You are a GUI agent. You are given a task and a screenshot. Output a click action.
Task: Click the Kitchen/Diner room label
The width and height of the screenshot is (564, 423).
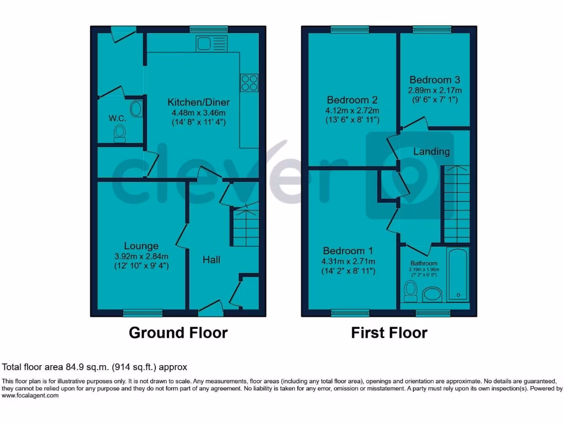[198, 102]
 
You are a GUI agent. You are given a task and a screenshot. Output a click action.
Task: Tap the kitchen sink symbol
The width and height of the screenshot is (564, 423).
[211, 44]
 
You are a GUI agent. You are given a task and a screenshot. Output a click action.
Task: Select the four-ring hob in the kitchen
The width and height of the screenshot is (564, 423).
[249, 83]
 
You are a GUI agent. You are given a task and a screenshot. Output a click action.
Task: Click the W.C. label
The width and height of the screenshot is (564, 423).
[117, 118]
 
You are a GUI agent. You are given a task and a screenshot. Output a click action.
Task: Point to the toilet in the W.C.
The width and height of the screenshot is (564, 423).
[119, 133]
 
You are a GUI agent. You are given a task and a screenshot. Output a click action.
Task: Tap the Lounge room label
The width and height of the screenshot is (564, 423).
[141, 246]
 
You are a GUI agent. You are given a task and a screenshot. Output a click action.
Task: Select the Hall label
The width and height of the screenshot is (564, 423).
[211, 259]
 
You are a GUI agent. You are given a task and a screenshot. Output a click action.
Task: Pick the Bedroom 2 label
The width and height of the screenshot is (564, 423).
[352, 100]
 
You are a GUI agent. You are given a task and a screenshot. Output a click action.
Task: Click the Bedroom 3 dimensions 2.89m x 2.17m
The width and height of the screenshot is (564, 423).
[435, 90]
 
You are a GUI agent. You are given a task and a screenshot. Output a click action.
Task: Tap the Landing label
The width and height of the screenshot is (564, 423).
[431, 151]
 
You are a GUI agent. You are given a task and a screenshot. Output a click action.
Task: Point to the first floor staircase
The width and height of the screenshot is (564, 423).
[457, 204]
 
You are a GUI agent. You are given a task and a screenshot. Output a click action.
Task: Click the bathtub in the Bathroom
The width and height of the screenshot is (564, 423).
[457, 275]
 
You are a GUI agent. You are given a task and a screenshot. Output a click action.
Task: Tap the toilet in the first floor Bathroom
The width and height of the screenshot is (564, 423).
[410, 290]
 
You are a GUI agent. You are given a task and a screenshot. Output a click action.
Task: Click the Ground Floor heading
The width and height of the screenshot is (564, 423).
[178, 333]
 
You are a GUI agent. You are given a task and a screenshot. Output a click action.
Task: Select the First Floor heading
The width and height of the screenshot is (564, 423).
[389, 333]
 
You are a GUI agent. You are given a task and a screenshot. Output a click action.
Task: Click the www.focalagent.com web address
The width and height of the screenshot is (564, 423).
[30, 395]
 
